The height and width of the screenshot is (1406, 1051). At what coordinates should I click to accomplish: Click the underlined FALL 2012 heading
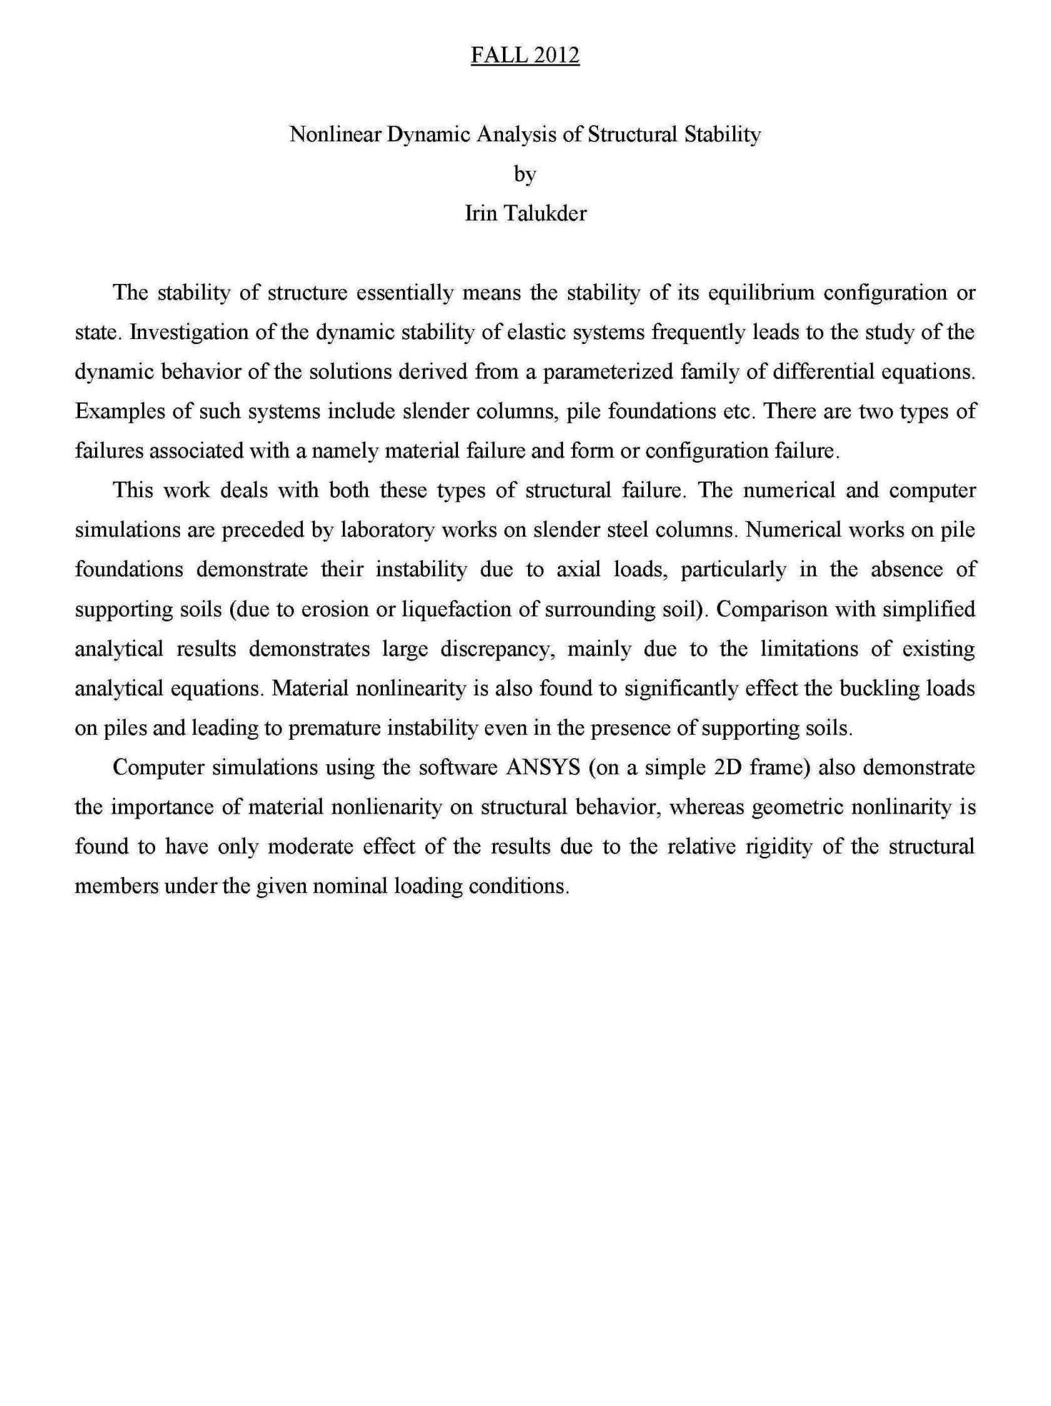524,56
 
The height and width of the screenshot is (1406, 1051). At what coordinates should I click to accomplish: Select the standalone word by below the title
524,174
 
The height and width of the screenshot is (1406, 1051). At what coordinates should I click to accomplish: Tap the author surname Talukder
545,213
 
